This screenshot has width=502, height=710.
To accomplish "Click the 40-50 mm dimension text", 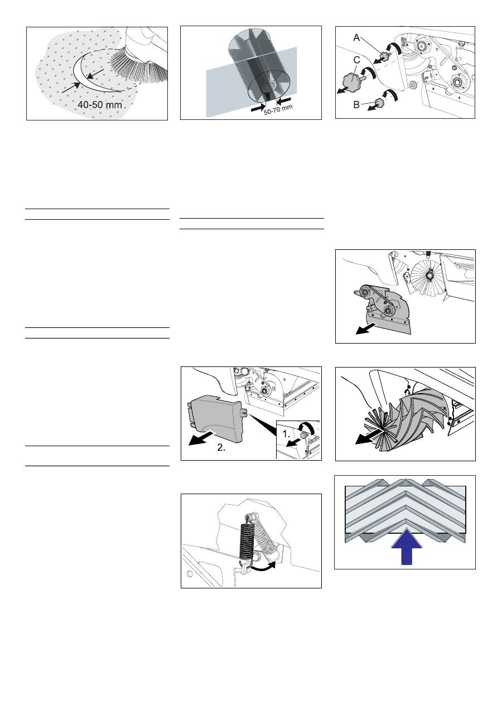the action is coord(100,105).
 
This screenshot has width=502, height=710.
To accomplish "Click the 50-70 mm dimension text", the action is coord(278,110).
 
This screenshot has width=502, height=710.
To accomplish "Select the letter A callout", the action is coord(356,38).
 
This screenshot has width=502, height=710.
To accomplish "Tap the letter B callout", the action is coord(356,105).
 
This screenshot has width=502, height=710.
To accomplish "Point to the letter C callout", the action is coord(356,60).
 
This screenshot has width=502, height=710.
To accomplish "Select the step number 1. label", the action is coord(286,434).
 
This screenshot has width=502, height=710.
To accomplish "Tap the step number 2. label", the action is coord(221,447).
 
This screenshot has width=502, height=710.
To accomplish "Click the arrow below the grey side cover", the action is coord(202,438).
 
